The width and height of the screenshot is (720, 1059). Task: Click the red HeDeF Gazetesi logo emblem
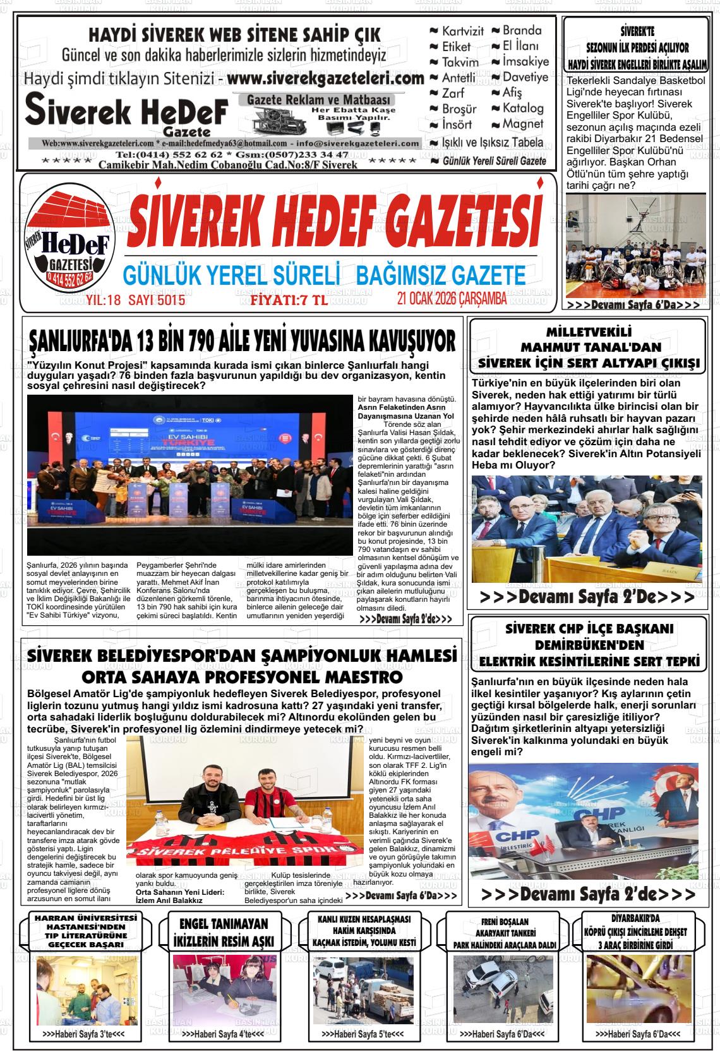67,241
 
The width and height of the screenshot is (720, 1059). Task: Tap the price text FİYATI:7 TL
289,300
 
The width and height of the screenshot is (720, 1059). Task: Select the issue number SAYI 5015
157,300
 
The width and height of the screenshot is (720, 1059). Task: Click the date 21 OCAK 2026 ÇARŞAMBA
452,299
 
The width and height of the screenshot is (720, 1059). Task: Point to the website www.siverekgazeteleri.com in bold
325,80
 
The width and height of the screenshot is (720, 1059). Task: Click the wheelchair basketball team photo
635,246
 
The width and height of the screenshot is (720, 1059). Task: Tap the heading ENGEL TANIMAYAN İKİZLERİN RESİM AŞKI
223,933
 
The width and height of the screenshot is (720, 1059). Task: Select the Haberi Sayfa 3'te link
83,1034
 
